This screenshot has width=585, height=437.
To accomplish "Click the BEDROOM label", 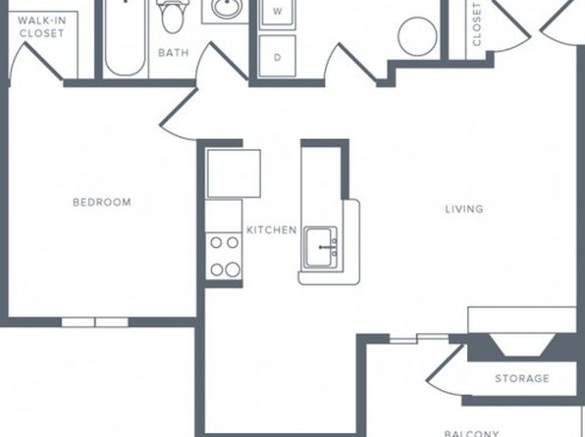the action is coord(102,202).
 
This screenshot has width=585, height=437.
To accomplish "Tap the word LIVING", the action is coord(464,209).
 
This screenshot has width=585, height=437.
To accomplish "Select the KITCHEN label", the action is coord(272,230).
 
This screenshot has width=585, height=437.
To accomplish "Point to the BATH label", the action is coord(174,53).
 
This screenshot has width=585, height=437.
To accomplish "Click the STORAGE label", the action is coord(522,378).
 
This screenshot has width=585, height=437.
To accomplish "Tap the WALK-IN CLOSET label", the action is coord(42,26).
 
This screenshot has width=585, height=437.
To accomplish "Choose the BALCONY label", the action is coord(471,434).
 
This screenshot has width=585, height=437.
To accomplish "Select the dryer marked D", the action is coord(277,56).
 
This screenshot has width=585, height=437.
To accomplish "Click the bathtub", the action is coord(125,37).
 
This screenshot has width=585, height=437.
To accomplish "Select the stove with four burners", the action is coord(224,256).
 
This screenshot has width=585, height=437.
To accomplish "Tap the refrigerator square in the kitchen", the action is coord(234,173).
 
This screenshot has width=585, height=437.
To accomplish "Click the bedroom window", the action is coord(95,322).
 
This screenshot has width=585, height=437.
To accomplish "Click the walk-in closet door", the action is coord(35,63).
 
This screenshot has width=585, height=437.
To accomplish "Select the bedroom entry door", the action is coord(179,115).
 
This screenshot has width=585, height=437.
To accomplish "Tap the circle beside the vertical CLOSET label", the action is coord(417,36).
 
